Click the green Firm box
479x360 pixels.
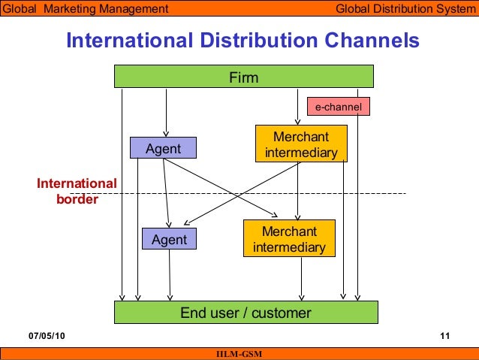pos(243,77)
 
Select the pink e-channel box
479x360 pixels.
pos(338,107)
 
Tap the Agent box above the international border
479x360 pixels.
pos(163,149)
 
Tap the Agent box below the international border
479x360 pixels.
pos(169,240)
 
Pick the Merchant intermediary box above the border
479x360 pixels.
pos(301,145)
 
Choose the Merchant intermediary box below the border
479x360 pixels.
pos(289,239)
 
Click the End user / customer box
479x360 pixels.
pos(246,313)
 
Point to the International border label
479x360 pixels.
pos(77,192)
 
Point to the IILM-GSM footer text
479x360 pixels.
pos(239,354)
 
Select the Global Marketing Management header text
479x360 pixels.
pos(85,9)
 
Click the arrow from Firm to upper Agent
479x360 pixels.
pos(164,113)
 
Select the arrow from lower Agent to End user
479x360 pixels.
pos(170,274)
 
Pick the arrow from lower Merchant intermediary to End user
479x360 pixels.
pos(301,278)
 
